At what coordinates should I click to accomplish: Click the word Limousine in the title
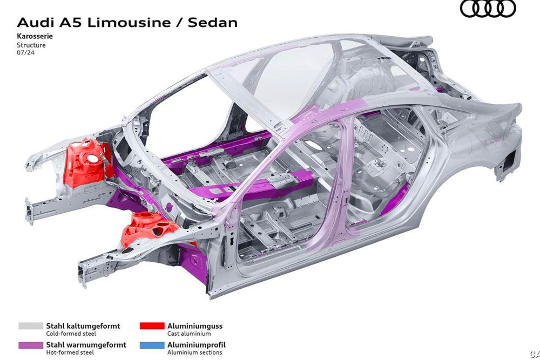click(x=129, y=23)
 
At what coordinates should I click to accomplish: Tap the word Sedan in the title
click(x=213, y=23)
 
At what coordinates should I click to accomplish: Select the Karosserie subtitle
click(x=35, y=36)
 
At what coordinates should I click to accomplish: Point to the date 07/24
click(x=25, y=53)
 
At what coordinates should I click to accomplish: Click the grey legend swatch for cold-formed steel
click(x=31, y=326)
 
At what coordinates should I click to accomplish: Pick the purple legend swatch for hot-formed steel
click(x=31, y=345)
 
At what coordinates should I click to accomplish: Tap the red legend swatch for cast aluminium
click(x=152, y=326)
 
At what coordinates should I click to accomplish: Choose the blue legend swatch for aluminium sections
click(x=152, y=345)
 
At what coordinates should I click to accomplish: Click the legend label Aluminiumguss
click(x=195, y=326)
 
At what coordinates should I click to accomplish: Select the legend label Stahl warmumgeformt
click(x=86, y=345)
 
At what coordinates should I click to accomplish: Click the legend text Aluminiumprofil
click(x=197, y=345)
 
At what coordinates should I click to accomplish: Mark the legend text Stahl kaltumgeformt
click(x=83, y=326)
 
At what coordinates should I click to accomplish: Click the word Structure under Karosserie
click(x=31, y=45)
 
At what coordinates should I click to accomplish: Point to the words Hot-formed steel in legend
click(x=70, y=352)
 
